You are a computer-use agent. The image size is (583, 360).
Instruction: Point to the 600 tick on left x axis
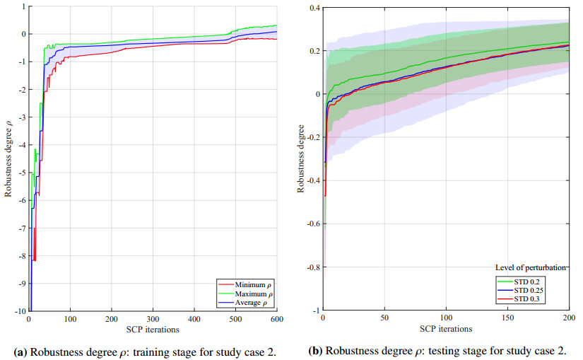coord(276,320)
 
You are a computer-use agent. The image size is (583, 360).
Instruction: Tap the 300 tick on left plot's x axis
coord(153,320)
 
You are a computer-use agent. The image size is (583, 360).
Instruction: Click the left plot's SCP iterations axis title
coord(153,329)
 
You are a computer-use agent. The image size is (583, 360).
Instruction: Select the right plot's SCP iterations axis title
coord(445,329)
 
